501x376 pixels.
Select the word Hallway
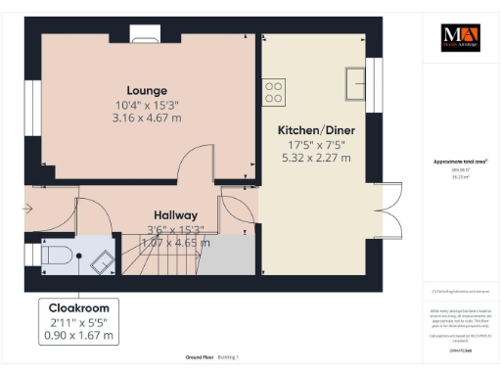(175, 215)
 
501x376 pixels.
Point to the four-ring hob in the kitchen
(273, 93)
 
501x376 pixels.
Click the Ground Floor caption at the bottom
(187, 357)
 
